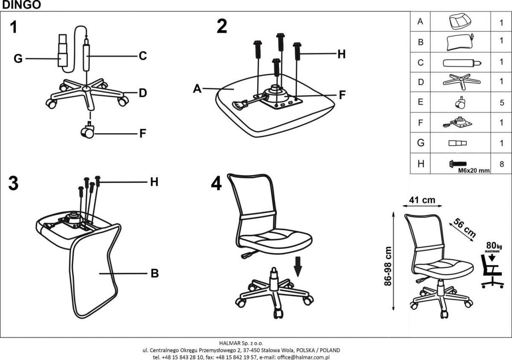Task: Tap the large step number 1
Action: coord(14,27)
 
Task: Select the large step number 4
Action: coord(216,184)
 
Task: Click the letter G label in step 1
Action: coord(18,59)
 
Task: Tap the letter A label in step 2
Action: coord(197,88)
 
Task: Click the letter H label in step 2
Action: coord(341,54)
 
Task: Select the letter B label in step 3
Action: coord(154,273)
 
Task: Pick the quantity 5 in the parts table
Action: coord(502,102)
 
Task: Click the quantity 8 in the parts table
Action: coord(502,163)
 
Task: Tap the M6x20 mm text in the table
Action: coord(474,170)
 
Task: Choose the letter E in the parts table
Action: coord(421,102)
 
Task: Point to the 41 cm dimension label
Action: coord(422,199)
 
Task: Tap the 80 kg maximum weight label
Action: coord(494,246)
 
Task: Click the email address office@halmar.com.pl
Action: coord(304,357)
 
